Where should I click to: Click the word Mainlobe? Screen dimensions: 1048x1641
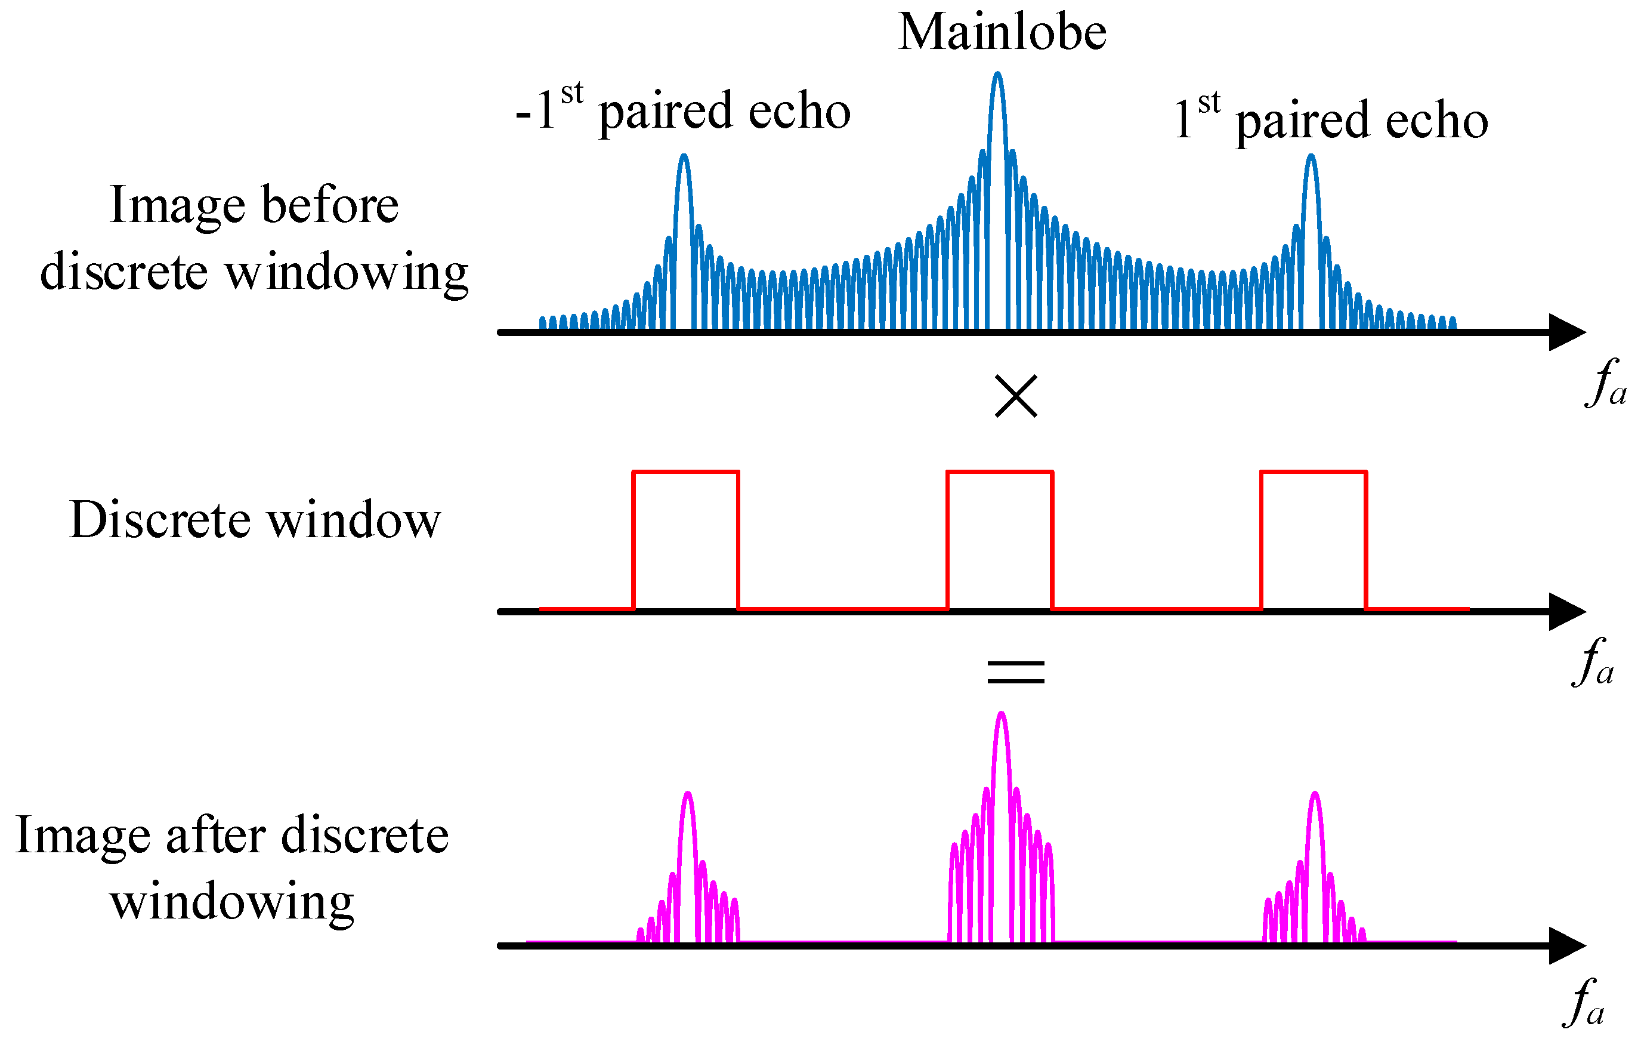pyautogui.click(x=1002, y=33)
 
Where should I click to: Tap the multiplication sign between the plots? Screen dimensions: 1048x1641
pyautogui.click(x=1015, y=396)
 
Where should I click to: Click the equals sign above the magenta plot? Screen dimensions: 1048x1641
pyautogui.click(x=1015, y=672)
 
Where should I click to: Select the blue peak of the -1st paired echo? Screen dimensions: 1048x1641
pyautogui.click(x=684, y=158)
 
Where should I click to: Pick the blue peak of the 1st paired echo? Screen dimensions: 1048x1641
pyautogui.click(x=1311, y=158)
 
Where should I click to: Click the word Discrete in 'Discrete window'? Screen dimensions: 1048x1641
pyautogui.click(x=160, y=520)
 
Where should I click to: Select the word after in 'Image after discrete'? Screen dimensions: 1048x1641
pyautogui.click(x=215, y=836)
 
